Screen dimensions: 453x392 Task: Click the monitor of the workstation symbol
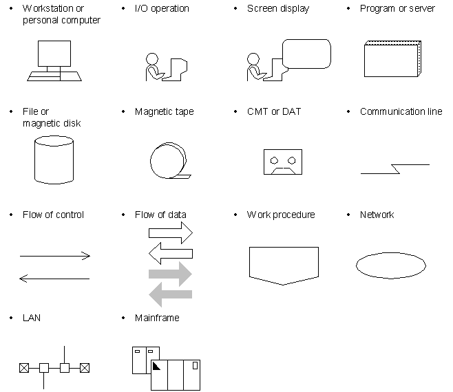point(54,54)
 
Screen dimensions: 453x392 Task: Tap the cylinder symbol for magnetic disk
point(54,160)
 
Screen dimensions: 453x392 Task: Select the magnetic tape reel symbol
point(170,160)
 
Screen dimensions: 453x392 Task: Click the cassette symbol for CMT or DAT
point(283,162)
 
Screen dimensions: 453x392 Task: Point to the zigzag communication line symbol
point(395,169)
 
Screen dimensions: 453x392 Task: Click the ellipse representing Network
point(391,265)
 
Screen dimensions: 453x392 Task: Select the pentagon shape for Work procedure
point(284,265)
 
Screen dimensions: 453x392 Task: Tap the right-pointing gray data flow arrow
point(171,274)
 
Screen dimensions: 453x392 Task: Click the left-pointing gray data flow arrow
point(171,294)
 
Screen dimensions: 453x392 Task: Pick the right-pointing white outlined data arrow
point(171,232)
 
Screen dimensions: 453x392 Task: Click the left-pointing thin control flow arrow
point(54,279)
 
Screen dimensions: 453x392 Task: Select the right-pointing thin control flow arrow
point(55,256)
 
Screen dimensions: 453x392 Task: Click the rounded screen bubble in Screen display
point(306,54)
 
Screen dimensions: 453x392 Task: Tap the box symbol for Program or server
point(392,59)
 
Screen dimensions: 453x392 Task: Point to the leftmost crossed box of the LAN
point(24,368)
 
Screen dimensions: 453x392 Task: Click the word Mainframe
point(157,318)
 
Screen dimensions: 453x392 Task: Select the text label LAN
point(32,318)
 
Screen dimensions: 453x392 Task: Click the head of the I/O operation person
point(152,59)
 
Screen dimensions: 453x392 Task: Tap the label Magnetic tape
point(164,112)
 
